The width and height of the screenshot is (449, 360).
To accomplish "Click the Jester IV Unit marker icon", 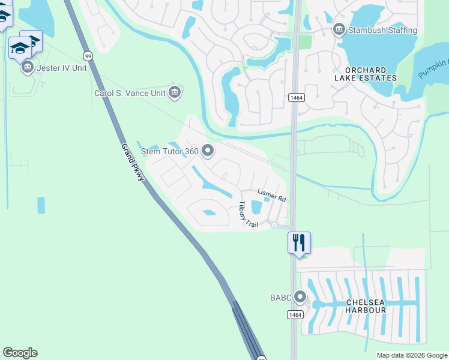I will click(27, 68).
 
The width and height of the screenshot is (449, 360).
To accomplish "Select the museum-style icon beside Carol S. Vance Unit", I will click(175, 92).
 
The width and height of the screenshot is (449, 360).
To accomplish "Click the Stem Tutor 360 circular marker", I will click(208, 151).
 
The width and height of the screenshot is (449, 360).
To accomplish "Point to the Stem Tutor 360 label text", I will click(170, 151).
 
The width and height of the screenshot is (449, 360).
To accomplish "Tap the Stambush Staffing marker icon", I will click(339, 29).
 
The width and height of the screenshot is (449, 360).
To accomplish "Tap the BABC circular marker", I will click(300, 297).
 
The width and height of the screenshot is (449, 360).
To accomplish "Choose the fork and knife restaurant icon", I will click(299, 243).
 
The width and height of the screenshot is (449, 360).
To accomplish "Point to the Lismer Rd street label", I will click(271, 194).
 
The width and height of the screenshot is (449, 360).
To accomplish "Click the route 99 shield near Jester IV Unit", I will click(88, 56).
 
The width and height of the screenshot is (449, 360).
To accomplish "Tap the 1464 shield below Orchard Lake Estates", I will click(295, 97).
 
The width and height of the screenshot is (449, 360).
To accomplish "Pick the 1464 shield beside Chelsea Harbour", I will click(294, 314).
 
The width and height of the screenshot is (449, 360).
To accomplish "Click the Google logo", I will click(20, 353).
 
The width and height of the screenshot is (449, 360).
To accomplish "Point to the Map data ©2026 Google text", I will click(411, 355).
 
